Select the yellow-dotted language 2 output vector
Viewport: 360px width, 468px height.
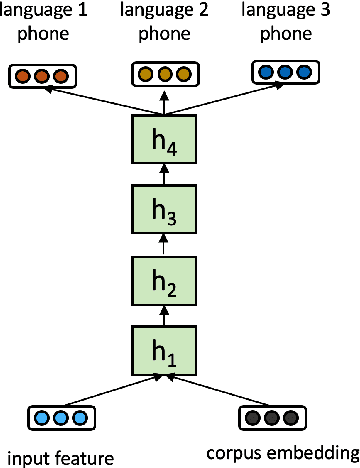pos(160,75)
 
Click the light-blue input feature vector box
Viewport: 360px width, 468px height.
pos(52,417)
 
